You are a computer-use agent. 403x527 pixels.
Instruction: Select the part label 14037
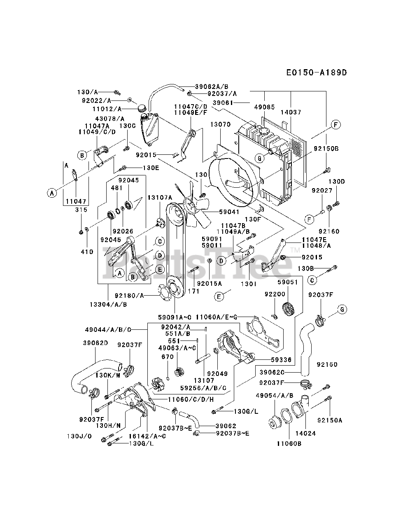[291, 112]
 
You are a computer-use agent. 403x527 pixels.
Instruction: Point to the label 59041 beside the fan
[229, 212]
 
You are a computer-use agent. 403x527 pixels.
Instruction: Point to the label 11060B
[288, 444]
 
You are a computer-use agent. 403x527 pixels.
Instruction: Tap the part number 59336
[281, 359]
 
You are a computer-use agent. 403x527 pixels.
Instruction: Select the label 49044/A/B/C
[108, 329]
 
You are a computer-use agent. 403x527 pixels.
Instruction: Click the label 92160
[328, 231]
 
